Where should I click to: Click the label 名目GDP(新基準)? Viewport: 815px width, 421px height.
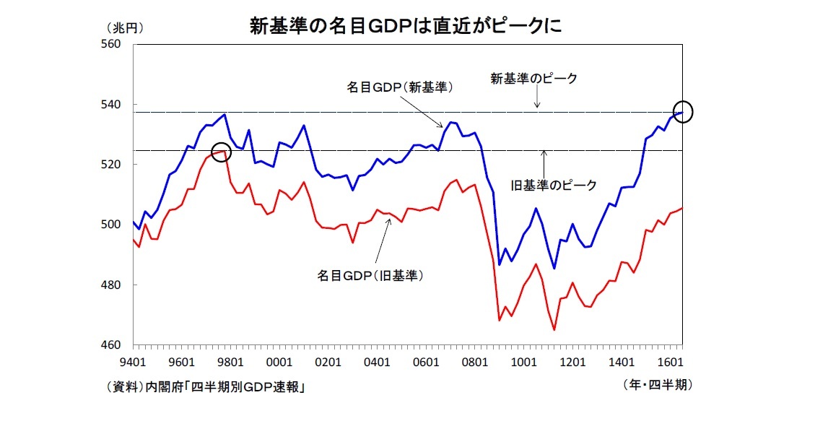[400, 87]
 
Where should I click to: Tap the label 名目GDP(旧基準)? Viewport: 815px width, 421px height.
[370, 275]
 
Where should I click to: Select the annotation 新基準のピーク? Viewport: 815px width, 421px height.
[534, 79]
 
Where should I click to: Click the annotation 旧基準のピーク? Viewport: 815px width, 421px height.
[554, 186]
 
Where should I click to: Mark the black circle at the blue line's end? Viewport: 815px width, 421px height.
[683, 112]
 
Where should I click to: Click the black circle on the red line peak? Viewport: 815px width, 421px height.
[222, 152]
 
